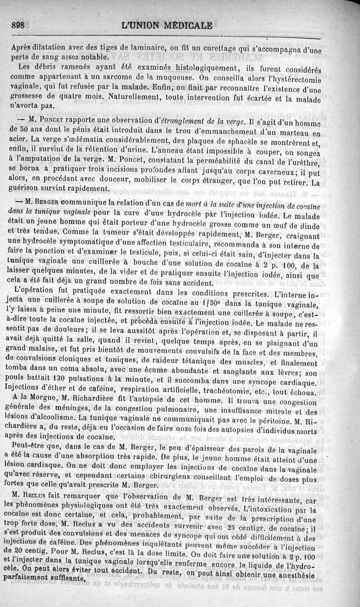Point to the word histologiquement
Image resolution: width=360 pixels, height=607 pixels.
pos(191,68)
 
